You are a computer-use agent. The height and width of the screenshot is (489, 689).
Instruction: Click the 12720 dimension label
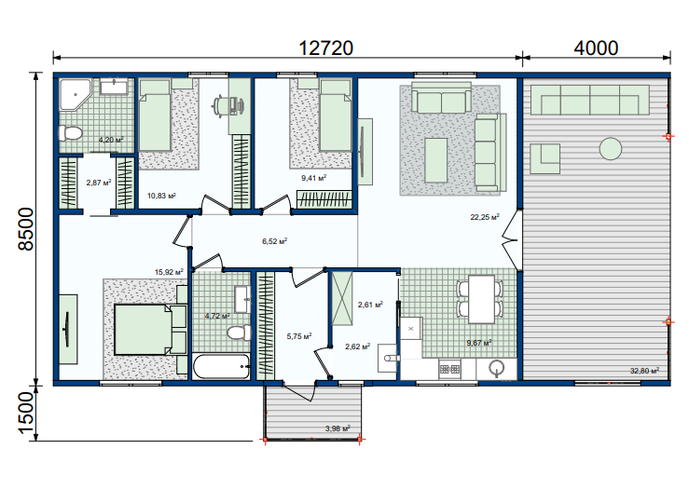pos(325,48)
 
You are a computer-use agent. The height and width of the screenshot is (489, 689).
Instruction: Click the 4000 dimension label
pos(596,48)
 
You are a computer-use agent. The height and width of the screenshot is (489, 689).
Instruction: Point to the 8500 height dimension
pos(26,229)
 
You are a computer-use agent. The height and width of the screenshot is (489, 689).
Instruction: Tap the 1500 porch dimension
pos(26,413)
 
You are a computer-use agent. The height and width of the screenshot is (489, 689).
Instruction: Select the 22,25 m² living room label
pos(485,217)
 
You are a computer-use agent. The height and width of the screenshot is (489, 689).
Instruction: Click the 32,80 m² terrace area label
pos(644,371)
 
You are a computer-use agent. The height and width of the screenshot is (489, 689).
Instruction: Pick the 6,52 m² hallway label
pos(275,241)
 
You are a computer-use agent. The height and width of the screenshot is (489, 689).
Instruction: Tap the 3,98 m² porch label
pos(338,428)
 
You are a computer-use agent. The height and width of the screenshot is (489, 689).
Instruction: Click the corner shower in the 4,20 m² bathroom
pos(76,94)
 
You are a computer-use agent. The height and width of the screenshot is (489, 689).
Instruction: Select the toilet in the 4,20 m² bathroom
pos(71,132)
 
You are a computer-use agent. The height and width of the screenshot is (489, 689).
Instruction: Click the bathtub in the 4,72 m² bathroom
pos(222,367)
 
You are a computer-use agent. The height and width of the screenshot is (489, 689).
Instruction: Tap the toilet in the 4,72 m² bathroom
pos(239,333)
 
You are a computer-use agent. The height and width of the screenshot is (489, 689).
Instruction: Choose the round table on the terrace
pos(611,148)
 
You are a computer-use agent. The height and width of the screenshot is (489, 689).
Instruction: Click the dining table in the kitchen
pos(482,299)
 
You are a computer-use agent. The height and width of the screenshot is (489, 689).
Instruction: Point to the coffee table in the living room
pos(436,160)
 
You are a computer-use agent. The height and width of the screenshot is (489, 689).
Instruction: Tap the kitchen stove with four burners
pos(449,369)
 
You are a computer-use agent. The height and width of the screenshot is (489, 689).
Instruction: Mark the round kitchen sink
pos(497,368)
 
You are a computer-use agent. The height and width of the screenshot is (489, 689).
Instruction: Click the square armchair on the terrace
pos(544,158)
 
